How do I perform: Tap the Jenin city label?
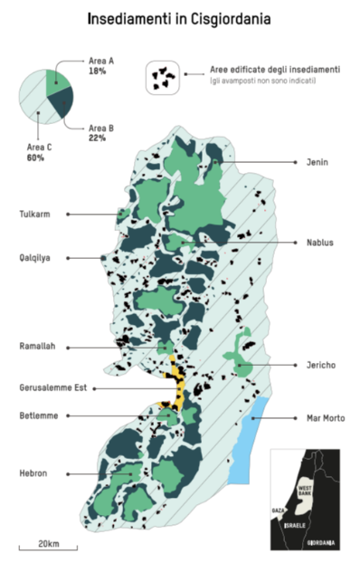click(317, 162)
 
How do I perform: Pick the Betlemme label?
click(39, 415)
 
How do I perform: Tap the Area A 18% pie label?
click(101, 64)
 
